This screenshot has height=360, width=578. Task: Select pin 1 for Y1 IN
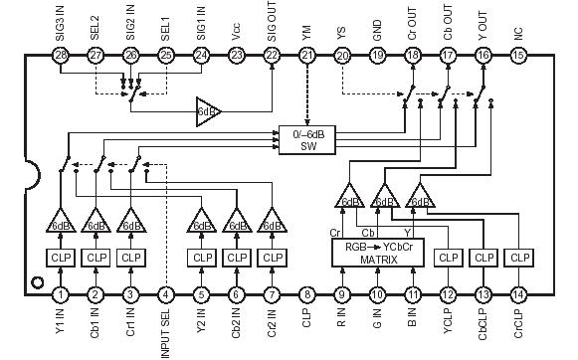[x=62, y=294]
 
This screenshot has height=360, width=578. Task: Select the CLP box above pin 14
[x=517, y=258]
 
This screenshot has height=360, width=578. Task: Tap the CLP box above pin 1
[x=62, y=258]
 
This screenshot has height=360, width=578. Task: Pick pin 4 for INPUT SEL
[x=165, y=294]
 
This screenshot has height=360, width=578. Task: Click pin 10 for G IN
[x=377, y=294]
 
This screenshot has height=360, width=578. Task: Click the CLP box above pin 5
[x=202, y=258]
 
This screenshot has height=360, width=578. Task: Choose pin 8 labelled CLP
[x=307, y=294]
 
